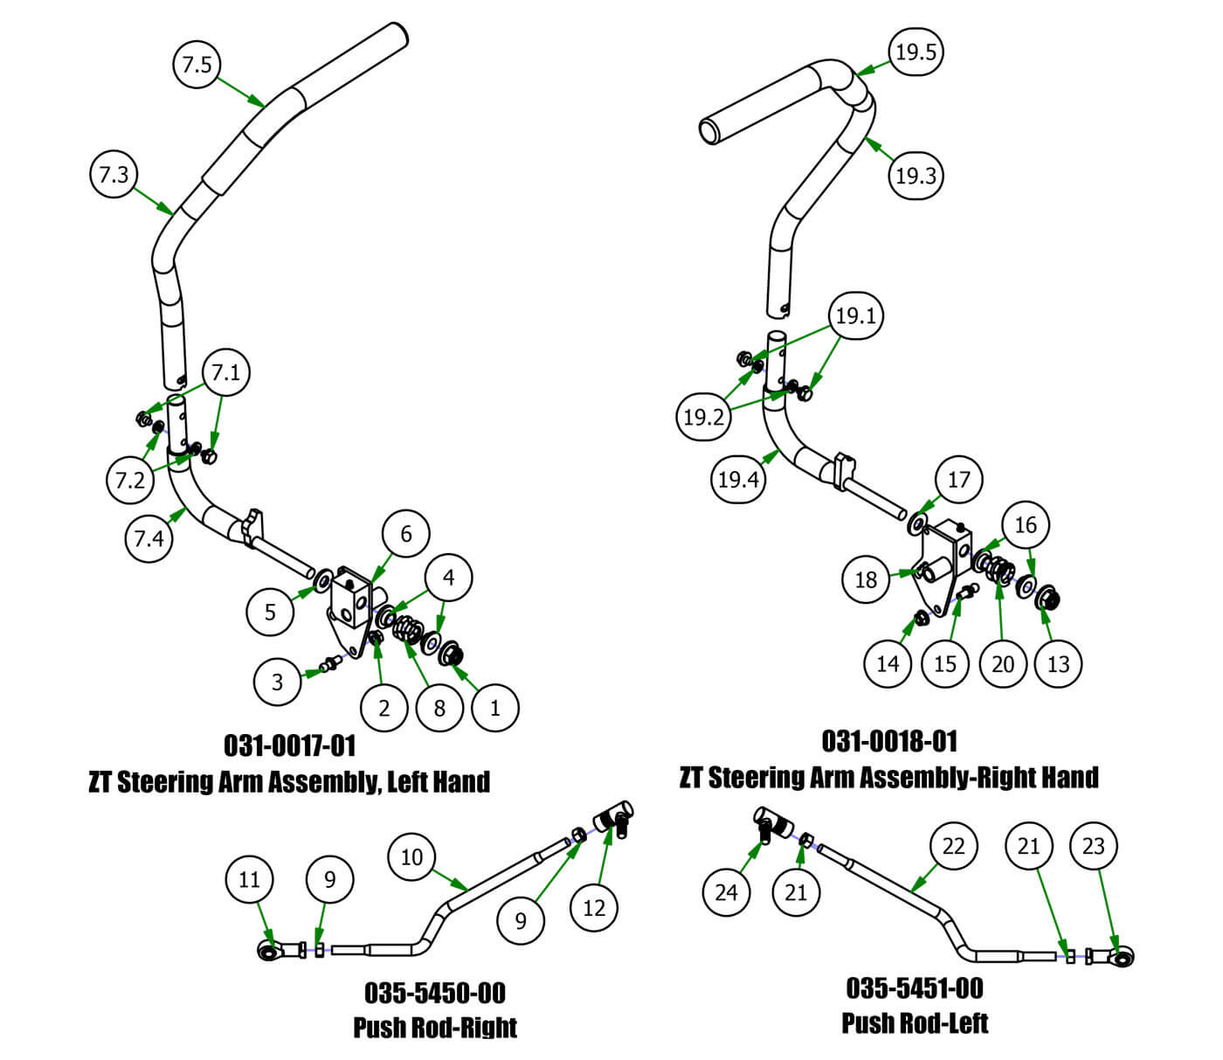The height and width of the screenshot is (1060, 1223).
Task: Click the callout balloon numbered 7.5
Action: coord(197,65)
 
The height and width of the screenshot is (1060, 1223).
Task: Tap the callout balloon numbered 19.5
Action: coord(916,52)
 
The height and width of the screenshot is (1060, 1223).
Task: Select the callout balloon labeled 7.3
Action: coord(114,175)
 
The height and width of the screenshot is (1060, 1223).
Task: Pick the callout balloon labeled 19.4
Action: coord(738,479)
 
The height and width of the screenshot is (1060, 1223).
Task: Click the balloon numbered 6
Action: coord(406,534)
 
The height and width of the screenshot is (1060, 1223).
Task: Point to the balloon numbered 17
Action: coord(958,480)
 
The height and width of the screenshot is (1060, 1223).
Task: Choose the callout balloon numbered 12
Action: coord(594,908)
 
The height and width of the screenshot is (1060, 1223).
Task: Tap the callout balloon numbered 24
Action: coord(726,892)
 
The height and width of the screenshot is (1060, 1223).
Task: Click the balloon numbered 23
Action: coord(1094,846)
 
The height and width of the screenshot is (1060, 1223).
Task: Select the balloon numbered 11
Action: coord(250,879)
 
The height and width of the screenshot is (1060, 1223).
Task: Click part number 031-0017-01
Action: coord(290,745)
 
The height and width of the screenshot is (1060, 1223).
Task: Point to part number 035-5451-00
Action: coord(915,988)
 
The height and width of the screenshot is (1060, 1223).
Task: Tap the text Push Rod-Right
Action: coord(435,1027)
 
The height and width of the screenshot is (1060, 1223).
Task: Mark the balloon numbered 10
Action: coord(411,857)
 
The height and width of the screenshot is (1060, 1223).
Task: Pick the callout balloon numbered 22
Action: coord(953,846)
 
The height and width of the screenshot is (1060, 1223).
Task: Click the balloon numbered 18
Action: coord(866,579)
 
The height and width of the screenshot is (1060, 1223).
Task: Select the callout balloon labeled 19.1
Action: coord(855,315)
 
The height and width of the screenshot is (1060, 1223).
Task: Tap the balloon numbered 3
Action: coord(278,682)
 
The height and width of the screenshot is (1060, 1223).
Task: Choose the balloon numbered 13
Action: coord(1058,664)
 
